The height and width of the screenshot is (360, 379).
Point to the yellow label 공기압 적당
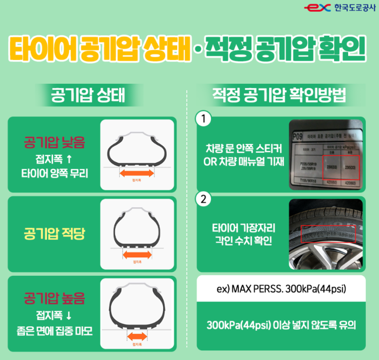coord(55,233)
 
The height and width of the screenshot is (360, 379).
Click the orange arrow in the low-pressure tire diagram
coord(137,173)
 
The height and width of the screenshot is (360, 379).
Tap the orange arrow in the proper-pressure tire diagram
coord(137,255)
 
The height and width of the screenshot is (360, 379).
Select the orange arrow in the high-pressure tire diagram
coord(136,336)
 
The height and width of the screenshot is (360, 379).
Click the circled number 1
coord(203,119)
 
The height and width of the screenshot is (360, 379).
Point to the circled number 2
coord(203,200)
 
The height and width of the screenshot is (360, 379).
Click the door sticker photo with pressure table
coord(326,154)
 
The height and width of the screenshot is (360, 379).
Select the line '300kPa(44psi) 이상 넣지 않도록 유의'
coord(281,325)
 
